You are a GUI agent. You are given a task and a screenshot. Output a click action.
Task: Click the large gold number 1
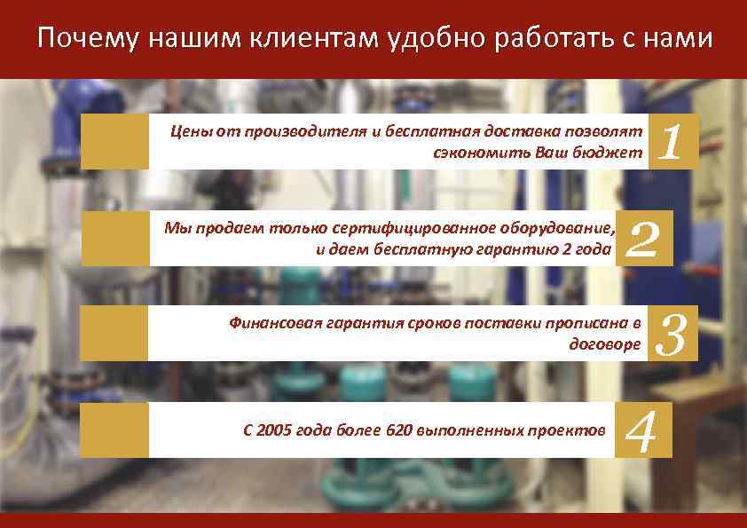tap(672, 142)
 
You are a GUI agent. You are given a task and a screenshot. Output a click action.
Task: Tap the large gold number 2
tap(643, 239)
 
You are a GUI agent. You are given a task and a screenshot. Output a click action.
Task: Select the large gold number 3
tap(672, 334)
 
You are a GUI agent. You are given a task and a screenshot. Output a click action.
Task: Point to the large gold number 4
tap(641, 430)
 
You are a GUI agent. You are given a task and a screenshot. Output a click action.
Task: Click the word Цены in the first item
tap(188, 131)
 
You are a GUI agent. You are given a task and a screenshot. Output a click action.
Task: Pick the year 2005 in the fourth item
tap(276, 430)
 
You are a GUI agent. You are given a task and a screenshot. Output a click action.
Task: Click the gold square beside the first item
tap(114, 142)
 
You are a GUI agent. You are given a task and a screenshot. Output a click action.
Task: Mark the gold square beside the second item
tap(114, 239)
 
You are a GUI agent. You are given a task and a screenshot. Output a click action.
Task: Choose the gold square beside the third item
tap(114, 334)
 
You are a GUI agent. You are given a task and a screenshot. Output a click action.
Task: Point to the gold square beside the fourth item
tap(114, 430)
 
